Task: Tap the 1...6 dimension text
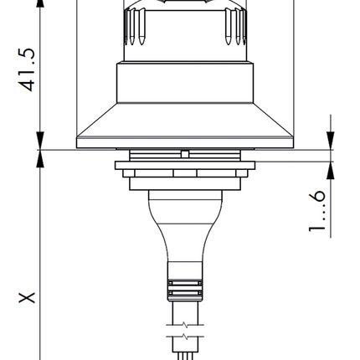point(317,210)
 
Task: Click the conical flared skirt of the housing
point(183,118)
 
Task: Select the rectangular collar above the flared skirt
point(183,82)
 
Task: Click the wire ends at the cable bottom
point(183,355)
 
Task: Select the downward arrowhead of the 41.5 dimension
point(40,141)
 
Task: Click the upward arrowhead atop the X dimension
point(40,160)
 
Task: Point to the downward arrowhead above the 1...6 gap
point(332,141)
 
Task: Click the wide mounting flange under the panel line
point(183,165)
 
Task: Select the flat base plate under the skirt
point(183,143)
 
